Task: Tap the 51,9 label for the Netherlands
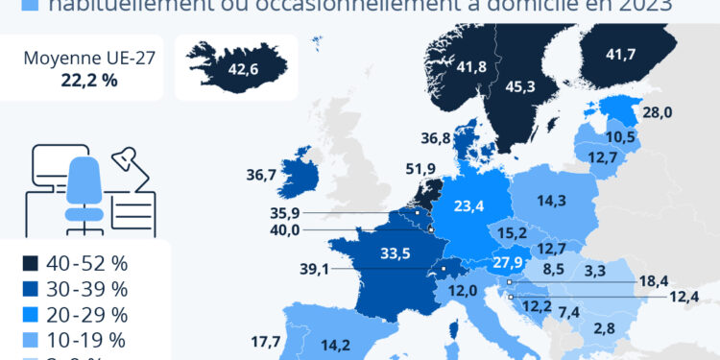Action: click(x=421, y=169)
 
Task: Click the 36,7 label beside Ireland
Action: click(x=262, y=175)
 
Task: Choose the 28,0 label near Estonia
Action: click(x=657, y=112)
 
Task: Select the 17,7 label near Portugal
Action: click(x=264, y=342)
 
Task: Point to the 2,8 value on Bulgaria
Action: click(x=604, y=328)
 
